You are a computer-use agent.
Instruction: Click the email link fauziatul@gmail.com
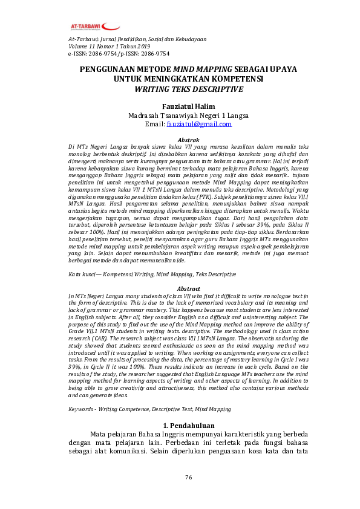[x=199, y=124]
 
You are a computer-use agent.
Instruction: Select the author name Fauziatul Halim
[x=180, y=106]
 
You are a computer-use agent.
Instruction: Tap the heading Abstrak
[x=180, y=140]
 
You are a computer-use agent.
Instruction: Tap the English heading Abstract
[x=180, y=289]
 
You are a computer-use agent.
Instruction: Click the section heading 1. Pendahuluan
[x=180, y=426]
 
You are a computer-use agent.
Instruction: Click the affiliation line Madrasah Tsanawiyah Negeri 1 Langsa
[x=180, y=115]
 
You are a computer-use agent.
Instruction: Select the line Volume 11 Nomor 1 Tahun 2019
[x=109, y=46]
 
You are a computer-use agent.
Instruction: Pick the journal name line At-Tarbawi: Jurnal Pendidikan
[x=137, y=39]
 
